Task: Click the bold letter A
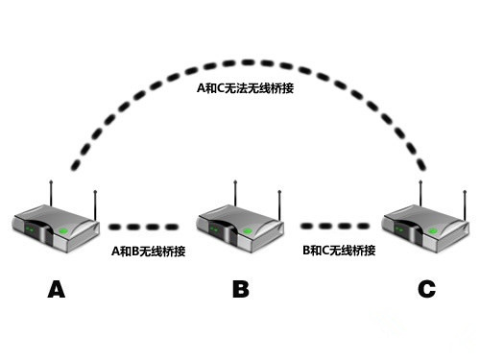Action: pyautogui.click(x=56, y=289)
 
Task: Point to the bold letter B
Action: pyautogui.click(x=240, y=289)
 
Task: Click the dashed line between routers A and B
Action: pyautogui.click(x=144, y=228)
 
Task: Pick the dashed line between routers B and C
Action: pyautogui.click(x=334, y=228)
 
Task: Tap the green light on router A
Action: pyautogui.click(x=63, y=231)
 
